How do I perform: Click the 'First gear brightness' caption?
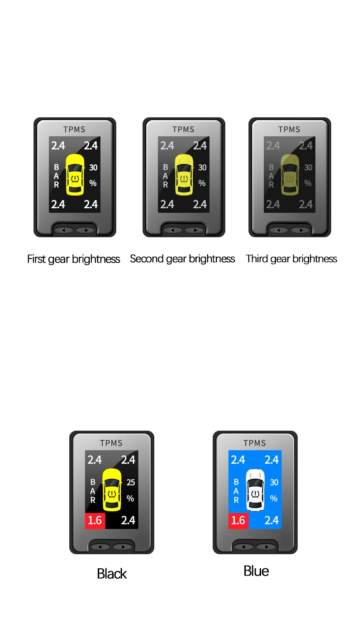point(73,259)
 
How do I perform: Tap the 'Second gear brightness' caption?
point(182,259)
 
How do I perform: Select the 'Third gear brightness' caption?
point(291,259)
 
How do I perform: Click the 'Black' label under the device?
point(112,574)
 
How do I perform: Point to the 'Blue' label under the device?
point(256,571)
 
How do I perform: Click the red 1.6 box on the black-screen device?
point(95,520)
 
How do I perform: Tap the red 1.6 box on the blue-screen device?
point(238,520)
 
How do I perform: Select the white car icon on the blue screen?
point(255,489)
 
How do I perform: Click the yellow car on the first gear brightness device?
point(75,174)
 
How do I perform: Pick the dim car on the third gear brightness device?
point(290,174)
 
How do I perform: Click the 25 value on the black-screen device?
point(131,483)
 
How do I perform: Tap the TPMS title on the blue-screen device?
point(255,443)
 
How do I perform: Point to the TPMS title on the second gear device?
point(183,130)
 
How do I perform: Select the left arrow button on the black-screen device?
point(100,547)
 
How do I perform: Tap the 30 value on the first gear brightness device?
point(93,168)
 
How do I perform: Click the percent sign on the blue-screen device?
point(274,498)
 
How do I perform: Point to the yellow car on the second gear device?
point(184,174)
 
